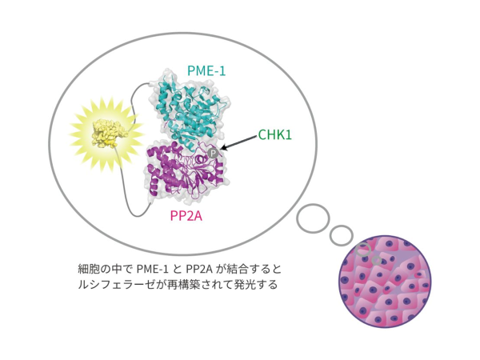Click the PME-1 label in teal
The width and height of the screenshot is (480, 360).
tap(206, 71)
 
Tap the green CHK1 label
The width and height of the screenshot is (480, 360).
tap(276, 134)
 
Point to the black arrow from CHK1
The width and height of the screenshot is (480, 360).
tap(239, 143)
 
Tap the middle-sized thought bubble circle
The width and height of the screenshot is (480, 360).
tap(342, 235)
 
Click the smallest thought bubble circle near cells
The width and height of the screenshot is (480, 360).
tap(365, 249)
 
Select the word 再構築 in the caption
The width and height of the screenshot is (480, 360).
tap(182, 285)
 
